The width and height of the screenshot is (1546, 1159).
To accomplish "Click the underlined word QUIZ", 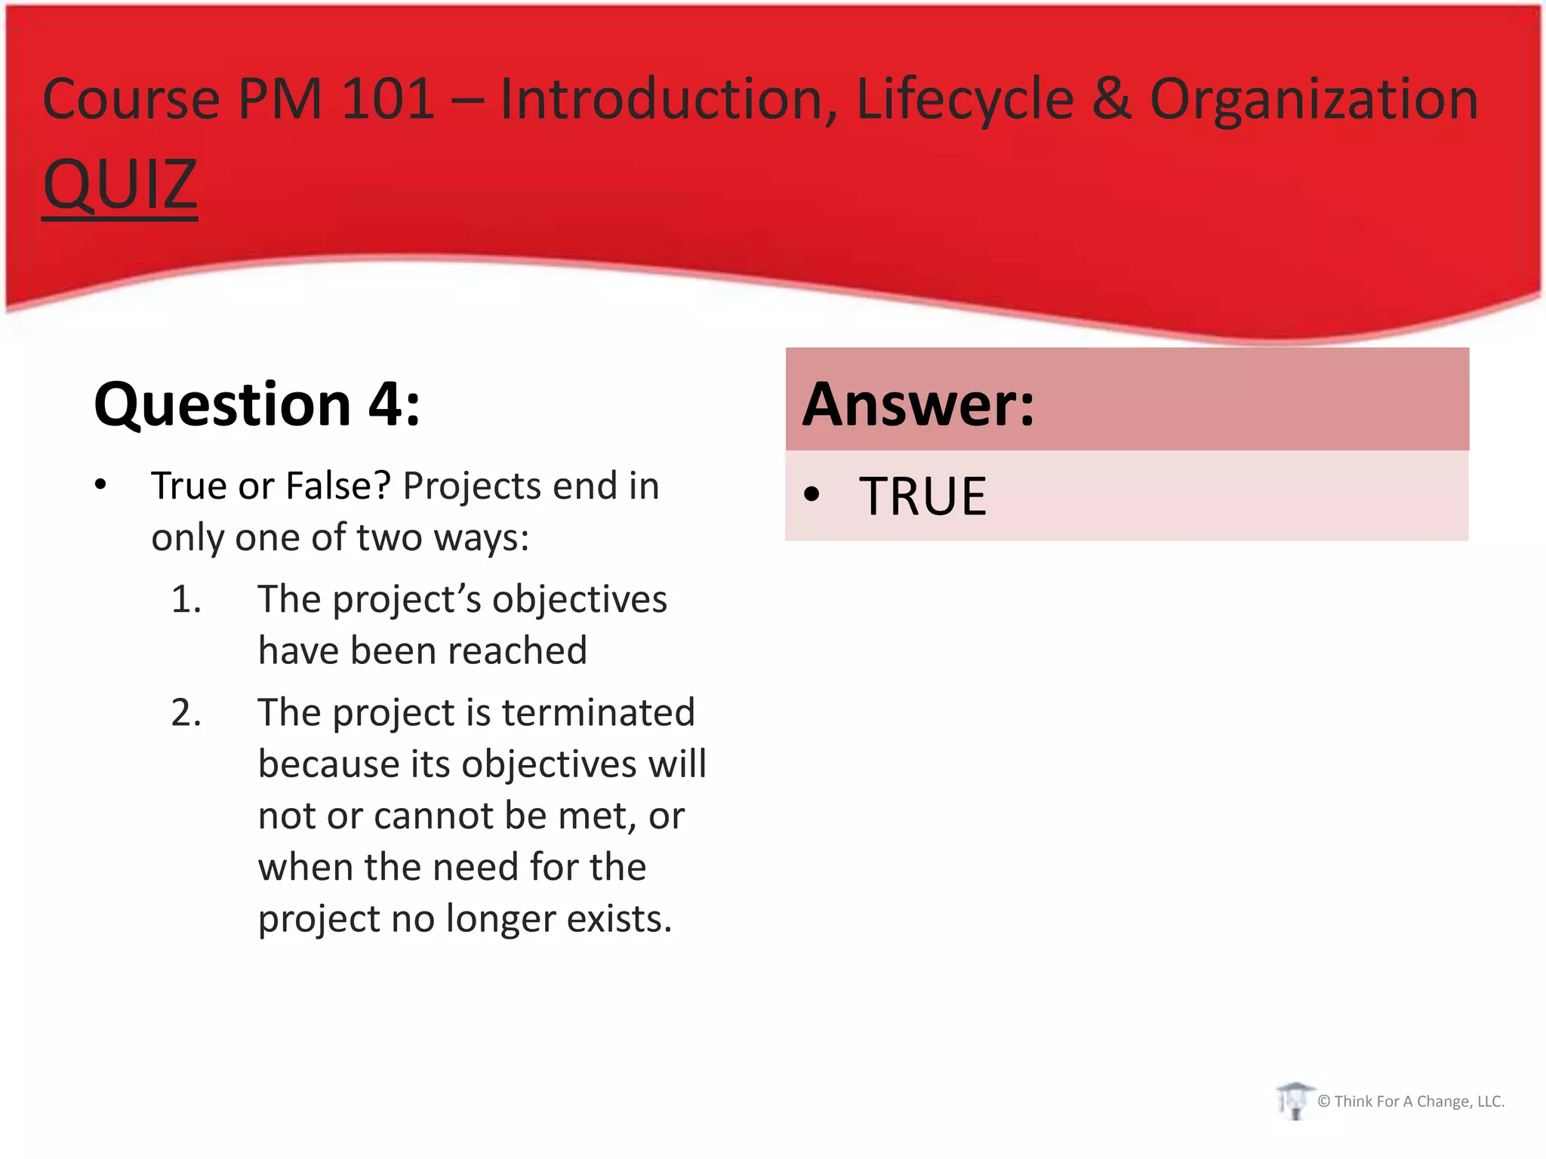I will [120, 185].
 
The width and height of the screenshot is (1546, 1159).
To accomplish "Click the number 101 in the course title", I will [388, 99].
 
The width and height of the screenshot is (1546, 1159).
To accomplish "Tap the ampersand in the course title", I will [1112, 99].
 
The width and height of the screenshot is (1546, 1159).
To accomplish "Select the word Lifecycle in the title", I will [965, 100].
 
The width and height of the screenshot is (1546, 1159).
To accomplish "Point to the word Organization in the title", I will [1313, 100].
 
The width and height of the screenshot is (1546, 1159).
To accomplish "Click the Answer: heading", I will [918, 404].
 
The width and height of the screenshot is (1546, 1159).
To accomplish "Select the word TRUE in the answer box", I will [922, 496].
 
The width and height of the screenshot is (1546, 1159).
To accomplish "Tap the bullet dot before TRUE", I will [811, 495].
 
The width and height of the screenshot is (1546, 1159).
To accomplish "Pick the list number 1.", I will [186, 600].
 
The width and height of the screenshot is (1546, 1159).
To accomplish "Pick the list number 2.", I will [186, 713].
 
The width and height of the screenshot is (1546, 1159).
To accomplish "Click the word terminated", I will [598, 713].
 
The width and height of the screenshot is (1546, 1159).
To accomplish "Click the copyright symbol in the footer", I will [1323, 1102].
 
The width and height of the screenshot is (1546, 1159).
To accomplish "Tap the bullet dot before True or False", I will [100, 485].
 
